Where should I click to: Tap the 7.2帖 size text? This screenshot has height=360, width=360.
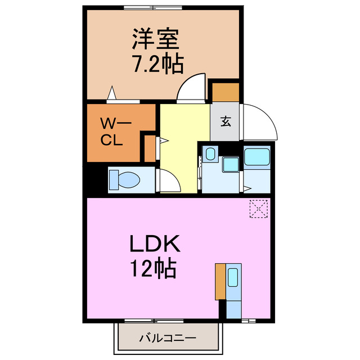(x=157, y=65)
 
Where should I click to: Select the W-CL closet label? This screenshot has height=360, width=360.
(x=115, y=132)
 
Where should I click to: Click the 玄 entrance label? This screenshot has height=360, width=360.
(x=225, y=120)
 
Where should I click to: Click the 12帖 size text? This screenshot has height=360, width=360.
(x=154, y=269)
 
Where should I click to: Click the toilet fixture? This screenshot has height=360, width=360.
(x=125, y=180)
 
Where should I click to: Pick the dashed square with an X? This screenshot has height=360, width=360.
(x=259, y=209)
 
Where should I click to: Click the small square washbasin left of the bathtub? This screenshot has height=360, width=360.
(x=231, y=164)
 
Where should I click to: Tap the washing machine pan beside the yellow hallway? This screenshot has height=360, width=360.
(x=209, y=154)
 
